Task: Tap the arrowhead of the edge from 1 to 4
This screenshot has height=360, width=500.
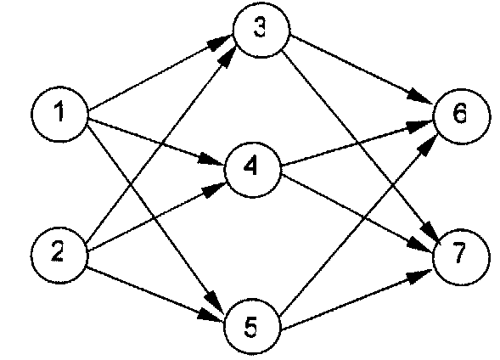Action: [211, 160]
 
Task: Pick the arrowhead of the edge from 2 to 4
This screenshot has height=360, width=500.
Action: [214, 189]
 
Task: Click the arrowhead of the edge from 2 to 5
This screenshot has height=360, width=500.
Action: [211, 315]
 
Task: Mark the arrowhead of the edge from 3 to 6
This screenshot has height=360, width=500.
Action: [420, 96]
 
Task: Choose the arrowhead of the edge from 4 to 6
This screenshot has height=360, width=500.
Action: [419, 126]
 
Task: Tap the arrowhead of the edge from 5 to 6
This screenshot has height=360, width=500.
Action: [430, 145]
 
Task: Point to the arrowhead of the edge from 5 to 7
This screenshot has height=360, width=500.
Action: [419, 276]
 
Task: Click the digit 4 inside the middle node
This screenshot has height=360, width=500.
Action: [250, 166]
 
